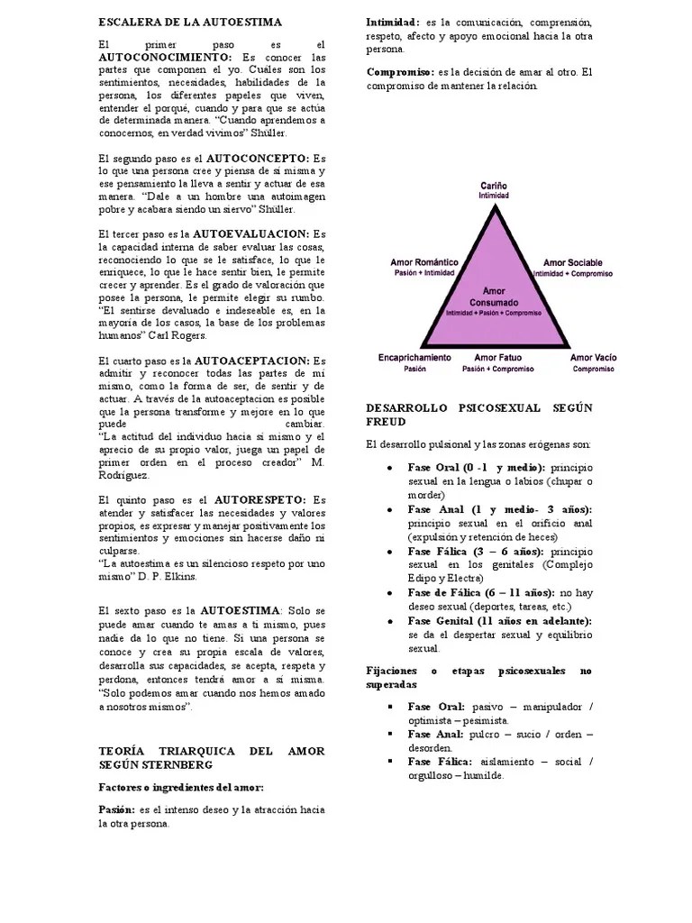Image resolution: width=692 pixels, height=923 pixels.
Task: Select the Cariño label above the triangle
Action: [x=493, y=184]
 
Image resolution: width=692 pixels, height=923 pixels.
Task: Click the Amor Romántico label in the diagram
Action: [x=423, y=261]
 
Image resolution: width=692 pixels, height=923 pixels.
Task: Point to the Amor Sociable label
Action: [x=572, y=261]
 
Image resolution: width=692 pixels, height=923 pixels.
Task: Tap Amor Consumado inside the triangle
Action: [x=493, y=297]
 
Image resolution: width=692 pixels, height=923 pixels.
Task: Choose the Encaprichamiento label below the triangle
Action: [x=414, y=358]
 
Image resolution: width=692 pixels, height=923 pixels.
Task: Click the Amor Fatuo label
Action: [x=497, y=358]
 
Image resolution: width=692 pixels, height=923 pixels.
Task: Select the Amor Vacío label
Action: [x=594, y=358]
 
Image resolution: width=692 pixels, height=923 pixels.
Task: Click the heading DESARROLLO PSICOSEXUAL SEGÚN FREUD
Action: [x=479, y=414]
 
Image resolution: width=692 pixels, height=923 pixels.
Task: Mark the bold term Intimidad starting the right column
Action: [x=393, y=21]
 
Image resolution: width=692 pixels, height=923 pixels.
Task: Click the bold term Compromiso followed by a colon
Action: [x=400, y=71]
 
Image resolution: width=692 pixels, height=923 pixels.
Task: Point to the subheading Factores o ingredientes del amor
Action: [x=180, y=787]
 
